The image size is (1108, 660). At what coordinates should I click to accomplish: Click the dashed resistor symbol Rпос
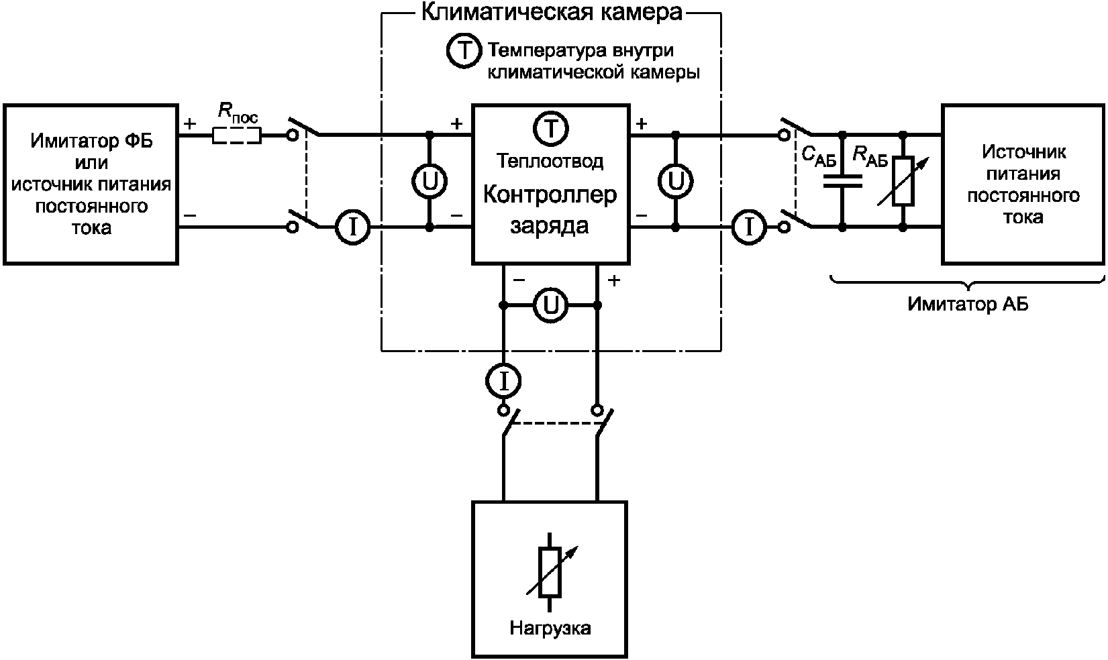(236, 135)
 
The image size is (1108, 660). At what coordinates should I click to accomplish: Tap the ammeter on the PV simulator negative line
(353, 227)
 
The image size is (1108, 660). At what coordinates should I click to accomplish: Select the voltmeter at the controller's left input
(430, 181)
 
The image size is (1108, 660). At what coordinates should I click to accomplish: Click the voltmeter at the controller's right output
(676, 181)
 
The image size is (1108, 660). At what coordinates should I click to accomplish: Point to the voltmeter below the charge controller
(550, 306)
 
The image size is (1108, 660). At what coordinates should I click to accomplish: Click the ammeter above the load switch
(503, 381)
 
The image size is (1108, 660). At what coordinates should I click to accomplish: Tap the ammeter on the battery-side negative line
(749, 227)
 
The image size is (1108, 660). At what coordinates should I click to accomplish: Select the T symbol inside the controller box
(550, 129)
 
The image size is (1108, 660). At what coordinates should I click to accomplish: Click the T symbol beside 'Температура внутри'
(464, 51)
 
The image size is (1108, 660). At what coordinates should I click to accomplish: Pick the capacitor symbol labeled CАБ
(842, 181)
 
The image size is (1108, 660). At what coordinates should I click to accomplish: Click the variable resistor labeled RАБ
(903, 181)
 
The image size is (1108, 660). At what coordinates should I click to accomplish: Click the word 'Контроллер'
(550, 195)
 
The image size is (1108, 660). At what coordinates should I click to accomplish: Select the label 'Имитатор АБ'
(968, 304)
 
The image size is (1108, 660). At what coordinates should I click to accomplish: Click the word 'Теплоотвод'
(550, 161)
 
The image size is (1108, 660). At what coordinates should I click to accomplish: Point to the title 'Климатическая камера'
(552, 12)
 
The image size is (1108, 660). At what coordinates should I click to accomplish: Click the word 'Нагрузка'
(550, 628)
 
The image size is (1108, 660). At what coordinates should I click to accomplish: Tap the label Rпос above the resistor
(238, 113)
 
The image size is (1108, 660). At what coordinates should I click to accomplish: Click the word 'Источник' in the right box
(1023, 152)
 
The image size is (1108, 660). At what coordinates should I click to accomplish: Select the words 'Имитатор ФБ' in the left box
(91, 141)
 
